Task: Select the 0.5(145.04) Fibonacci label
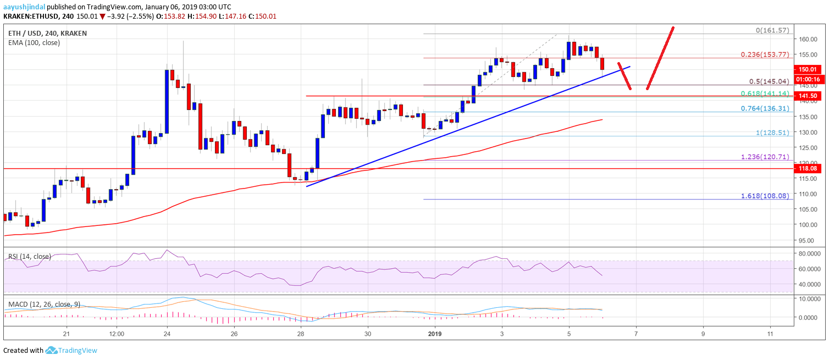point(772,81)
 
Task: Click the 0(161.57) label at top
point(773,30)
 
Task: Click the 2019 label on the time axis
point(435,333)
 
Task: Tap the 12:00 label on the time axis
point(116,333)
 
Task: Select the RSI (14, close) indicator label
point(28,256)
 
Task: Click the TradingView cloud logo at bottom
point(52,350)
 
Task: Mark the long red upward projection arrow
point(660,58)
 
